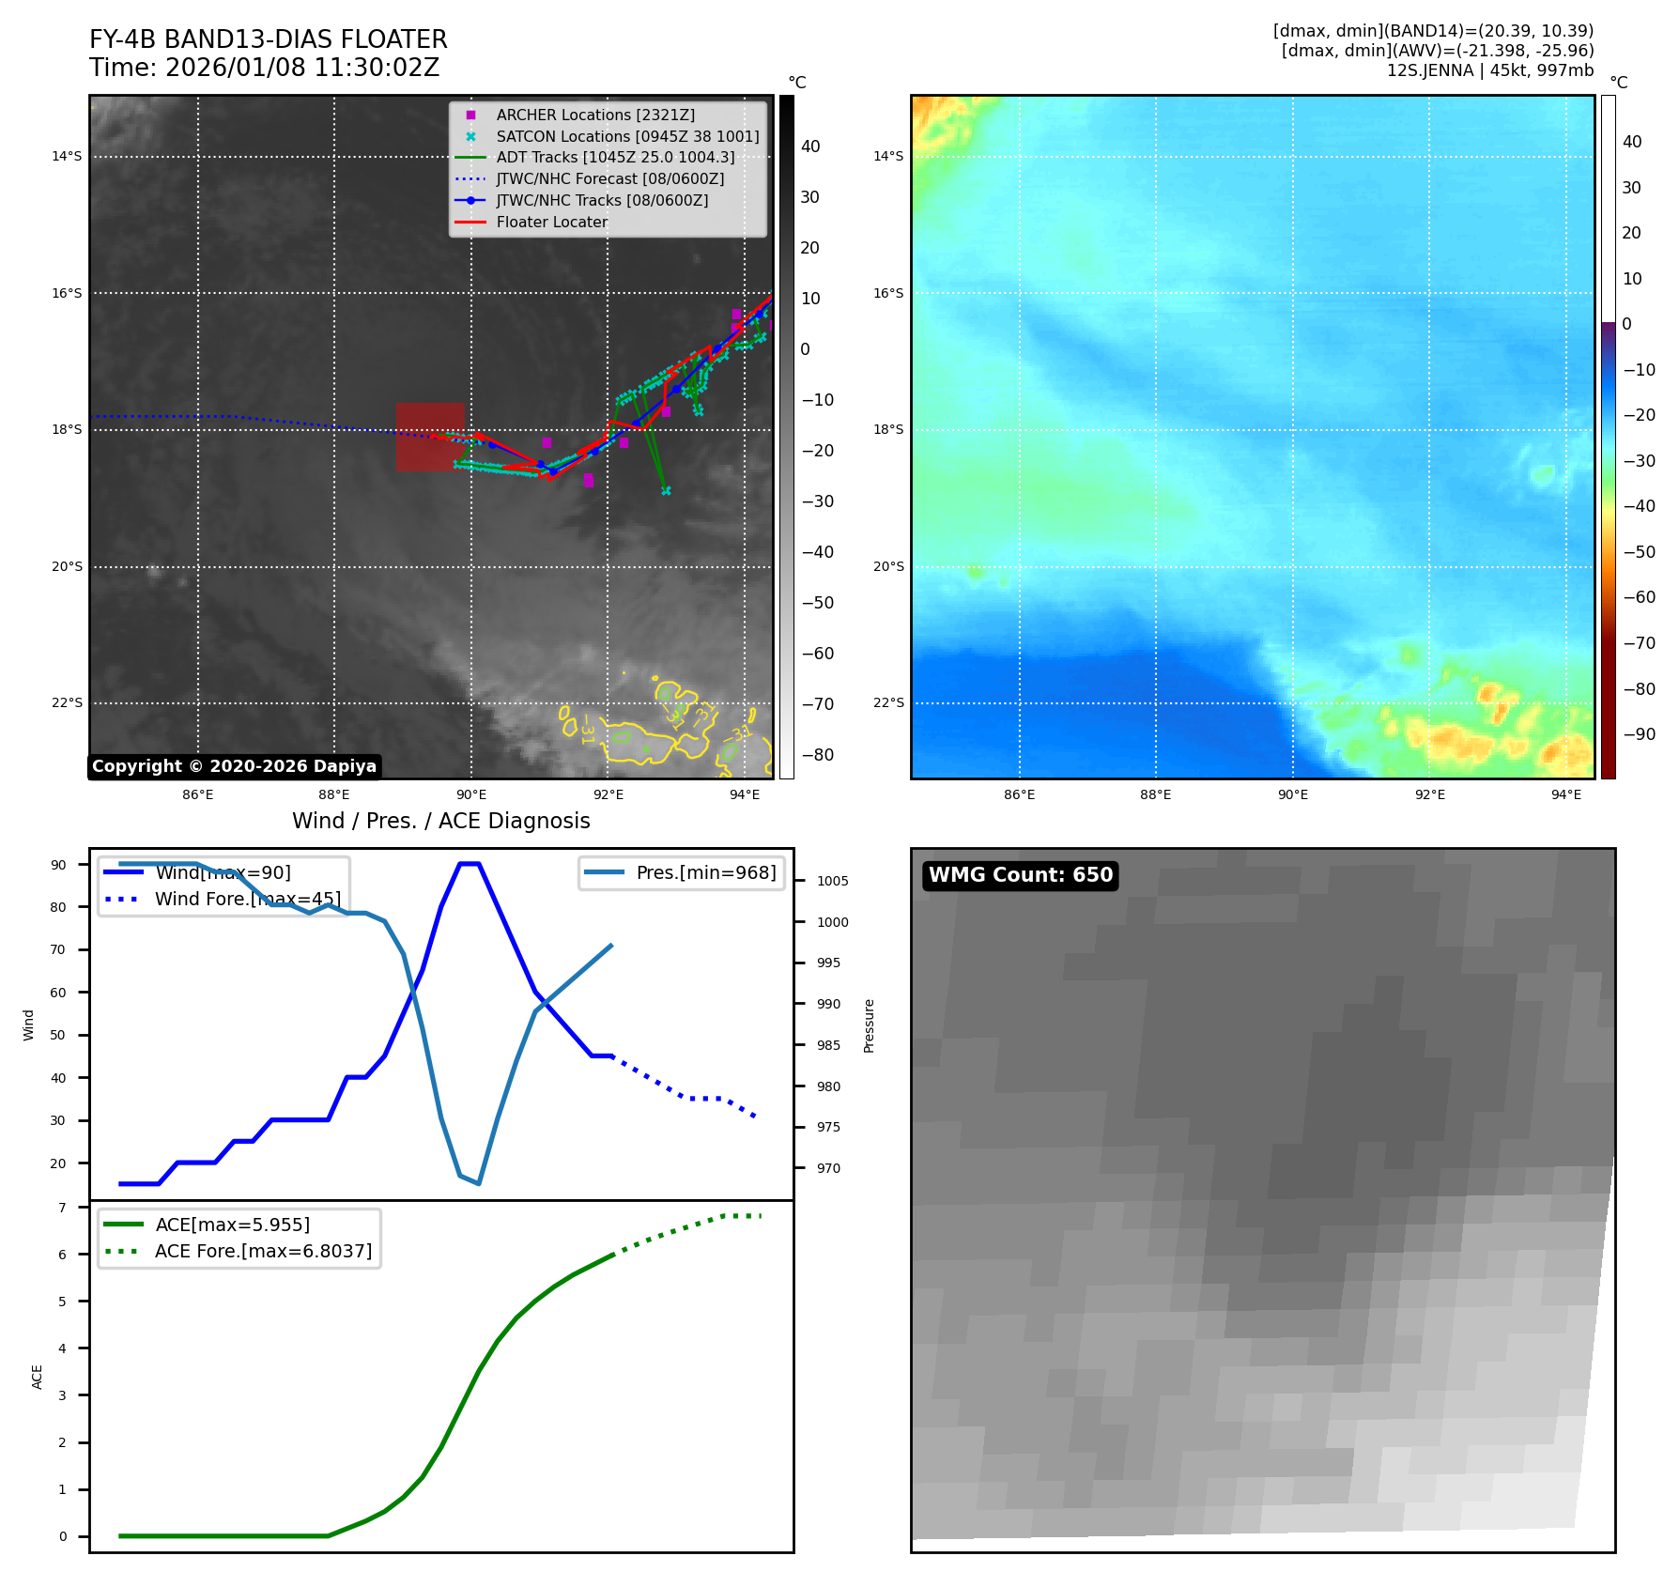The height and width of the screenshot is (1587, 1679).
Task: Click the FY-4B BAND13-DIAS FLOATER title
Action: click(268, 39)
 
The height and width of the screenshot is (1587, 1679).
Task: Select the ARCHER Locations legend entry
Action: click(595, 115)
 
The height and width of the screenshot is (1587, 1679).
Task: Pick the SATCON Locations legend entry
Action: click(627, 136)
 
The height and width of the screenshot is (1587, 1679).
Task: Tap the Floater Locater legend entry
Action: click(551, 222)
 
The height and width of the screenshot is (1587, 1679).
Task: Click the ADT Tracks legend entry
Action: click(615, 157)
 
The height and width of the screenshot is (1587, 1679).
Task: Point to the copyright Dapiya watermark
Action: click(234, 766)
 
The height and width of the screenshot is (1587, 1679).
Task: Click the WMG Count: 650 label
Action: click(1020, 875)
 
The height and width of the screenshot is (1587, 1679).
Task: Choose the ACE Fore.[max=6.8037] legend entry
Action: click(263, 1251)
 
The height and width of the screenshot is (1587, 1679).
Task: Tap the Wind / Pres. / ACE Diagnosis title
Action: click(440, 821)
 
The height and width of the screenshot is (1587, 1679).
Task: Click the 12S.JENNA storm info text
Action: click(1489, 70)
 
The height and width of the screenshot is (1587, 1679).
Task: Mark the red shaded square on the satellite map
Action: click(430, 437)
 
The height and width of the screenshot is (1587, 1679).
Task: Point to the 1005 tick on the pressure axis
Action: click(832, 881)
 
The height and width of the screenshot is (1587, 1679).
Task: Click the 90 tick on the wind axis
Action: click(58, 865)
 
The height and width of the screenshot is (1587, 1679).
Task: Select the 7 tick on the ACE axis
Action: click(62, 1208)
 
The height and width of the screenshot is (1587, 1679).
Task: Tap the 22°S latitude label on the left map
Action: click(67, 702)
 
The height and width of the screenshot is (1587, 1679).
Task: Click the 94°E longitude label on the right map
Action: click(1565, 794)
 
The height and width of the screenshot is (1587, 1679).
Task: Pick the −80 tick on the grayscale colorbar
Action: click(817, 755)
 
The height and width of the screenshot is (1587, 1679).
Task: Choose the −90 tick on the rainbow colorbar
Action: click(1639, 734)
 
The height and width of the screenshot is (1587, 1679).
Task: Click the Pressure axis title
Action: click(869, 1025)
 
